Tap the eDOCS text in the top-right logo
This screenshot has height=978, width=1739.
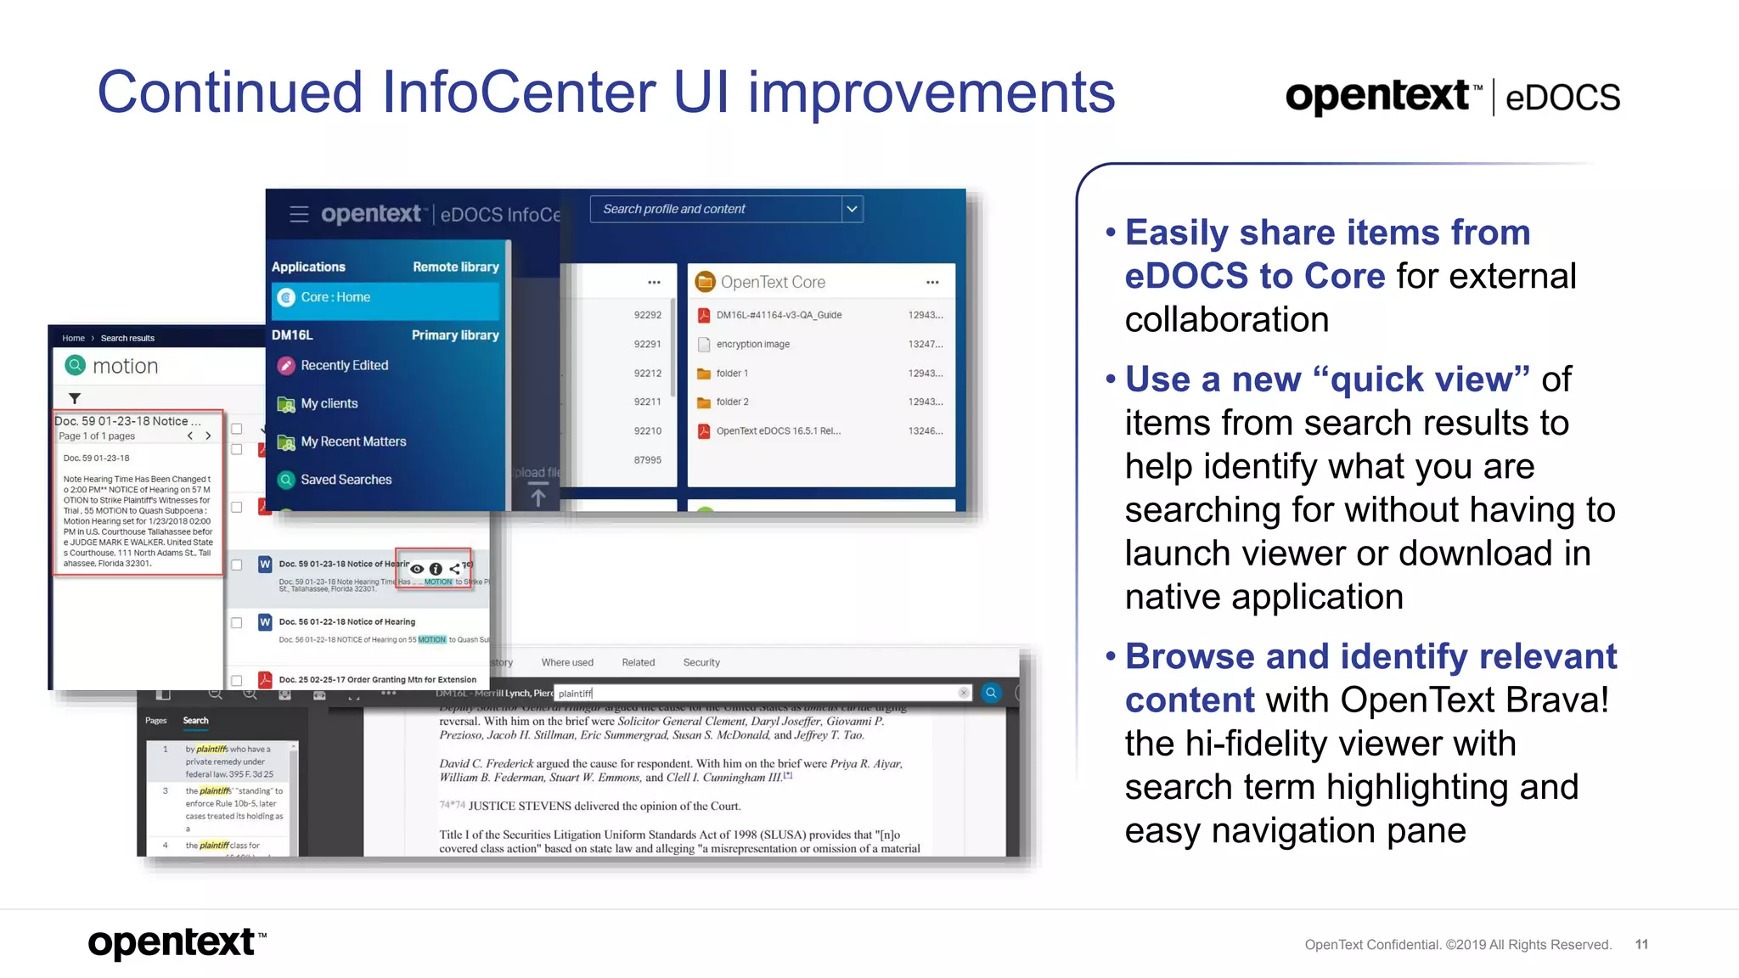pyautogui.click(x=1562, y=98)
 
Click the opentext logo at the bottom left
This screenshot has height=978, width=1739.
pyautogui.click(x=174, y=942)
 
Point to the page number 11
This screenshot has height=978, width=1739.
pyautogui.click(x=1641, y=944)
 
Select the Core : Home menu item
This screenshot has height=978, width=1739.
pyautogui.click(x=335, y=297)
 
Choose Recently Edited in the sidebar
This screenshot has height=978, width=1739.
pyautogui.click(x=344, y=365)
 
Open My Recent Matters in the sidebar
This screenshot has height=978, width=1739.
pyautogui.click(x=353, y=441)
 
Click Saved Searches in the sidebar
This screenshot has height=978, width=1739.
pyautogui.click(x=346, y=480)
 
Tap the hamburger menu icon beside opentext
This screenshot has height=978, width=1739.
pyautogui.click(x=299, y=214)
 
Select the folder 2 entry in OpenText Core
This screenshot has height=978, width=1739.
pyautogui.click(x=732, y=402)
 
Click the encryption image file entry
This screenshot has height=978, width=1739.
pyautogui.click(x=752, y=344)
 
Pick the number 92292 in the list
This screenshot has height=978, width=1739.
pyautogui.click(x=647, y=315)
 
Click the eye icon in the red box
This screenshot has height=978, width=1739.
pyautogui.click(x=417, y=569)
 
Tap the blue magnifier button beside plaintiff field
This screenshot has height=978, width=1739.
pyautogui.click(x=991, y=693)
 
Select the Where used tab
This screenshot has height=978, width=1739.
pyautogui.click(x=567, y=662)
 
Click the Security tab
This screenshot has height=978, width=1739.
pyautogui.click(x=701, y=662)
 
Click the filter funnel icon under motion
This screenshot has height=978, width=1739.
pyautogui.click(x=75, y=398)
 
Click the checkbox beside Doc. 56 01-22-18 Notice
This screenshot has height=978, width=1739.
pyautogui.click(x=237, y=622)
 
